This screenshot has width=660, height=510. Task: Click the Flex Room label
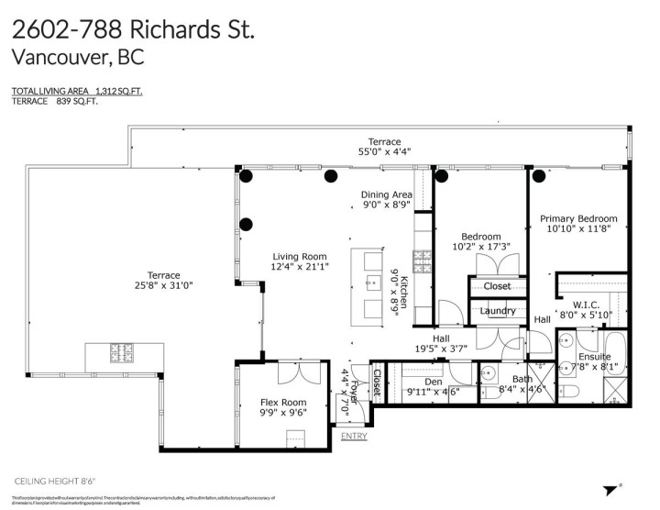click(x=281, y=402)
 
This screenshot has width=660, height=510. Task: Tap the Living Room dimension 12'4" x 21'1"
click(x=300, y=267)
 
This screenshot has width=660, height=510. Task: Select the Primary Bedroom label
click(x=577, y=218)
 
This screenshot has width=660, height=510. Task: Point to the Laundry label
click(x=497, y=312)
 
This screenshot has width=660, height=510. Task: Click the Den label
click(x=434, y=381)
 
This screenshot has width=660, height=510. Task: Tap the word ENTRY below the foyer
click(x=354, y=436)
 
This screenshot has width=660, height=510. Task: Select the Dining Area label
click(x=386, y=194)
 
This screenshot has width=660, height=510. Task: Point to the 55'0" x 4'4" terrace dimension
click(x=385, y=153)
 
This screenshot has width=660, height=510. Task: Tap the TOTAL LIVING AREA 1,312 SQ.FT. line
click(x=77, y=91)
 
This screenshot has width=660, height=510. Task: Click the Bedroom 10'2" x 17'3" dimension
click(x=481, y=247)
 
